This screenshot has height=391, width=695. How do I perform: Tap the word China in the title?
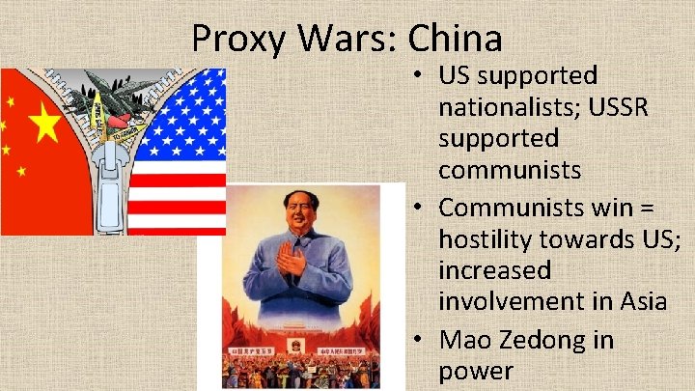pyautogui.click(x=455, y=40)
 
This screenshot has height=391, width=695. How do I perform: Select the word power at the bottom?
pyautogui.click(x=476, y=371)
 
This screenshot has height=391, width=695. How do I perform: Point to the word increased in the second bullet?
pyautogui.click(x=495, y=269)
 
